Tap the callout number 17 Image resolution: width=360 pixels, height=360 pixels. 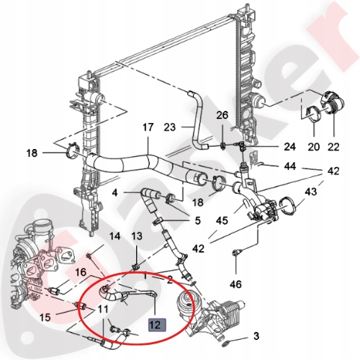click(x=148, y=128)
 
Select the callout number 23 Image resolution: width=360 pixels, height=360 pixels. click(x=169, y=128)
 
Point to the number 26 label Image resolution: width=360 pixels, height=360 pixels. click(x=222, y=115)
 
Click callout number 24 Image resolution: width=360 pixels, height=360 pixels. click(x=269, y=147)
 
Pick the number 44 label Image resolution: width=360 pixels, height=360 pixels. click(x=289, y=166)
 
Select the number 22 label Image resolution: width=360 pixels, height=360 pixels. click(x=333, y=147)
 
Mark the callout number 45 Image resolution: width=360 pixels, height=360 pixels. click(x=223, y=220)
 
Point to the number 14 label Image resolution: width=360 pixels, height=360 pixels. click(x=114, y=236)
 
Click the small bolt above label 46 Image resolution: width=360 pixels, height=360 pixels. click(x=237, y=252)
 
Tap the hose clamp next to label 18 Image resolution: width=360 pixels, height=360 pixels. click(x=72, y=152)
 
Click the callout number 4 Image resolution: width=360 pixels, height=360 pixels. click(x=114, y=192)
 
